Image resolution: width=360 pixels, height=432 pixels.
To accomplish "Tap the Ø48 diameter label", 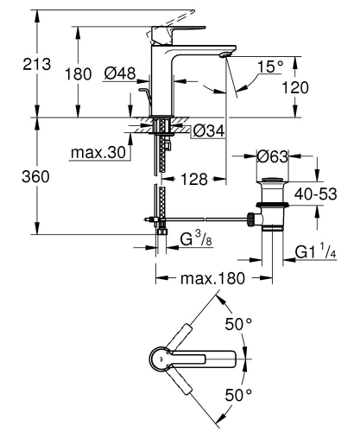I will (x=119, y=74).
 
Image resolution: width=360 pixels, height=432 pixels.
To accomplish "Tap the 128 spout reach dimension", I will (x=197, y=179).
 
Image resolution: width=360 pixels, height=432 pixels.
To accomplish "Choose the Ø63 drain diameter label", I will (x=274, y=156).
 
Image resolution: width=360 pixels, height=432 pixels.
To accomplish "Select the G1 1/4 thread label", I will (x=318, y=253).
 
